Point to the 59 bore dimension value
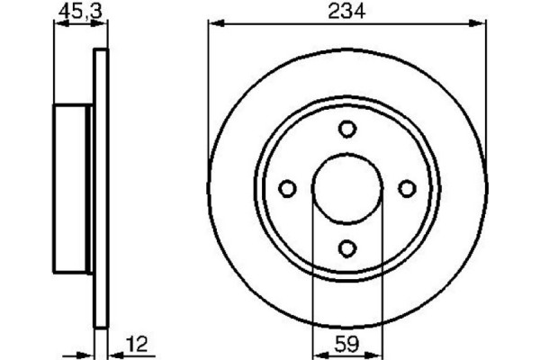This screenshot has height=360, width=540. click(x=347, y=344)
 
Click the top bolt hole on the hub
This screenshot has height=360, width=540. click(x=347, y=129)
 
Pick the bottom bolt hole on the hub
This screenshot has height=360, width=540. click(x=347, y=247)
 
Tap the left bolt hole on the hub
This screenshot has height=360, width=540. click(x=288, y=188)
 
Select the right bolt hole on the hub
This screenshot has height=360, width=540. click(x=407, y=188)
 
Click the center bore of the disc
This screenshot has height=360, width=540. click(x=347, y=188)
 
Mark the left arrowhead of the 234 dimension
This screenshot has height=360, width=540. click(x=213, y=25)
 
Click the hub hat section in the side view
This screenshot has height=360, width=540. click(x=73, y=188)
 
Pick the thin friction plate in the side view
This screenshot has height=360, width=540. click(x=101, y=188)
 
